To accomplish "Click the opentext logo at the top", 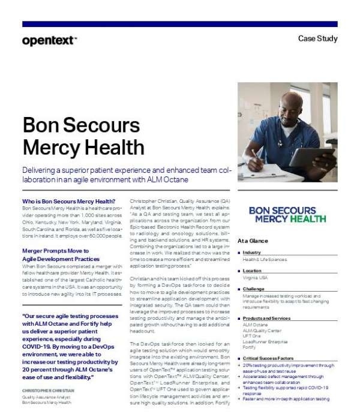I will point(49,41).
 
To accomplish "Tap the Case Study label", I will point(318,39).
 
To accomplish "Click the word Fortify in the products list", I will point(249,346).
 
